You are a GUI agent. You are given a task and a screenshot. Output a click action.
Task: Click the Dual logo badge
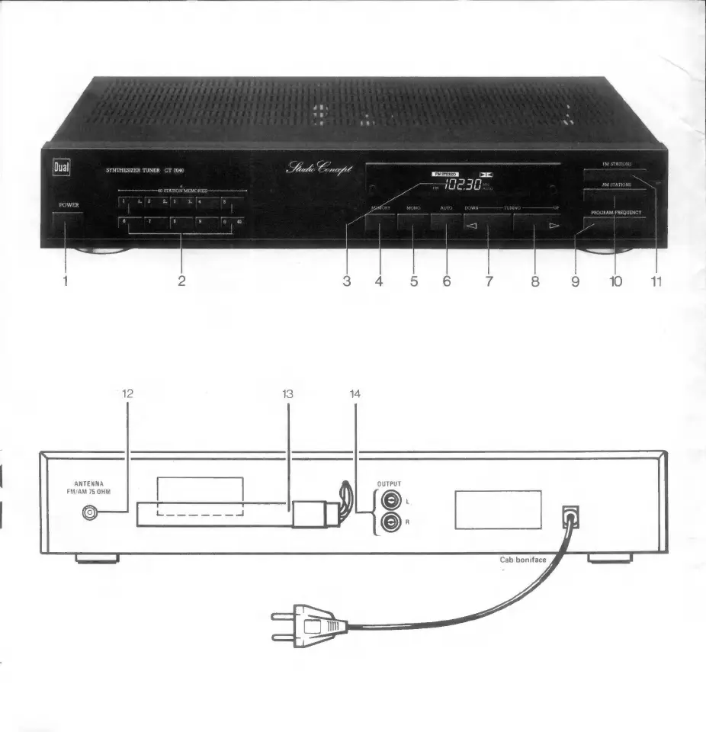click(x=61, y=165)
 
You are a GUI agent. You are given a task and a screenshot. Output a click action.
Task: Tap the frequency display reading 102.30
click(x=463, y=185)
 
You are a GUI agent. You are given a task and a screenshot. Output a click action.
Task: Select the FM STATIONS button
click(x=616, y=173)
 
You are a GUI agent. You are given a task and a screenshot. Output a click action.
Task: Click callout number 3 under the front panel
click(x=347, y=281)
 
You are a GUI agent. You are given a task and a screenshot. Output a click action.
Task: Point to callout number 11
click(x=656, y=281)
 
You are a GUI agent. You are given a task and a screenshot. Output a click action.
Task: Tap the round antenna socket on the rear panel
click(x=91, y=514)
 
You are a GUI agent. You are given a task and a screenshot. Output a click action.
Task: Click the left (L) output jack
click(x=390, y=500)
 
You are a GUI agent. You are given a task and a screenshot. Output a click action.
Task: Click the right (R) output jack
click(x=390, y=523)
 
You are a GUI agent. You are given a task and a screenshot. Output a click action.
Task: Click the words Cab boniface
click(x=523, y=560)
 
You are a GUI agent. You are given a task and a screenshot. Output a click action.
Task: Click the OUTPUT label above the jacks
click(x=389, y=483)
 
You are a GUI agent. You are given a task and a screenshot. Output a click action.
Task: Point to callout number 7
click(x=489, y=281)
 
